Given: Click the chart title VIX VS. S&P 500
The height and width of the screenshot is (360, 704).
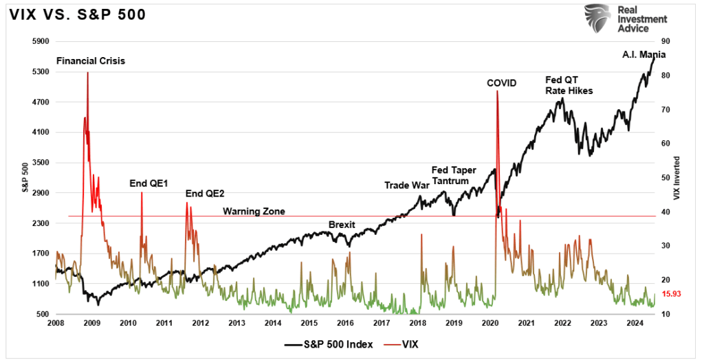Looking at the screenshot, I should [x=77, y=14].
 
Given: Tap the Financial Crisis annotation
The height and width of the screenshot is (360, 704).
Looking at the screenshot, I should [x=91, y=60].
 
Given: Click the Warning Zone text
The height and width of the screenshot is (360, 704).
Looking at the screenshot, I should [x=254, y=211].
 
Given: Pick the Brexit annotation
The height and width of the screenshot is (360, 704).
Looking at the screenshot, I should [x=342, y=225].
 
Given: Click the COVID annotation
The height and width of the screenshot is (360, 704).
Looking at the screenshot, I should [x=501, y=83].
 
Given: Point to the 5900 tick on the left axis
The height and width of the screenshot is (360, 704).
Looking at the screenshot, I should [x=41, y=42].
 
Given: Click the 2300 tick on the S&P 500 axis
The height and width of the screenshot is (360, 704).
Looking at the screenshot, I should [x=41, y=223].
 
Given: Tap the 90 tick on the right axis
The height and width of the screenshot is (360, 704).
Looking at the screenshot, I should [x=665, y=42].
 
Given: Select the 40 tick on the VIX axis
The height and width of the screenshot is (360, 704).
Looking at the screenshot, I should [x=665, y=212].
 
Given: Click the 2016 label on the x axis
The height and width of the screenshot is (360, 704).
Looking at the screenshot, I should [x=345, y=323].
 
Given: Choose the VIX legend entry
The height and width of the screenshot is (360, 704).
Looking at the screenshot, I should [x=408, y=345].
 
